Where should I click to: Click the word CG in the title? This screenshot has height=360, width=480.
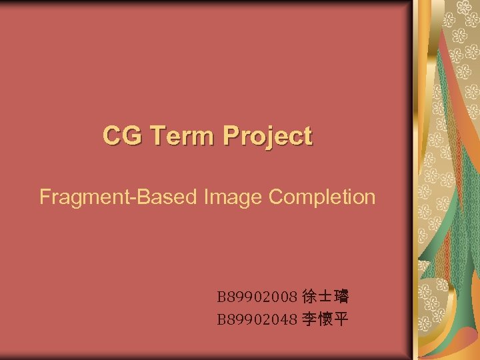(123, 136)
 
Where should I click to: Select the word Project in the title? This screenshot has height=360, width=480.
(267, 137)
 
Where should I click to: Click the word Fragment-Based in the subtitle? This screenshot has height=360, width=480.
(115, 197)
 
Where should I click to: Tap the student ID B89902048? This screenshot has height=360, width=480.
(257, 320)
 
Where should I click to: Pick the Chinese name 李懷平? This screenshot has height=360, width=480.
(325, 320)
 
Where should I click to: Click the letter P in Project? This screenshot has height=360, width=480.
(231, 136)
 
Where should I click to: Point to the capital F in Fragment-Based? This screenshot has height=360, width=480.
(45, 197)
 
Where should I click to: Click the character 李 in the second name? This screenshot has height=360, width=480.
(309, 320)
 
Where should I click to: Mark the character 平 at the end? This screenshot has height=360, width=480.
(341, 320)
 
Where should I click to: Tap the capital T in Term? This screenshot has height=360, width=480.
(158, 136)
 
